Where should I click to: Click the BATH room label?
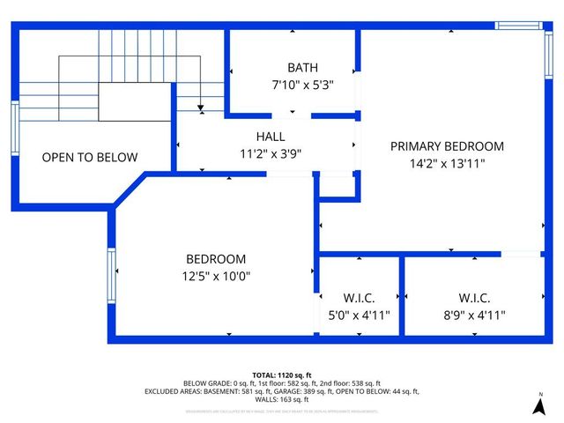click(x=302, y=68)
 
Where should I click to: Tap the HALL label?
click(x=271, y=137)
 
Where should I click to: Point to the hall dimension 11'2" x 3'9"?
click(x=271, y=152)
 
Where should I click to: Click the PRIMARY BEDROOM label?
click(x=447, y=146)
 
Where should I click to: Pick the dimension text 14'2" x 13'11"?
click(x=447, y=163)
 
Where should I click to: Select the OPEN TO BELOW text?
click(x=90, y=158)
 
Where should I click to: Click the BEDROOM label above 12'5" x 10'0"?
click(x=216, y=259)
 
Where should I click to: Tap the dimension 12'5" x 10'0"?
click(x=216, y=276)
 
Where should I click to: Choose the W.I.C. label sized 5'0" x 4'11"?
click(x=359, y=298)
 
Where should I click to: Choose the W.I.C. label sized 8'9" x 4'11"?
click(x=474, y=298)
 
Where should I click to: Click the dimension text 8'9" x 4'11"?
click(x=474, y=315)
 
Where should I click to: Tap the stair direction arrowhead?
click(x=202, y=107)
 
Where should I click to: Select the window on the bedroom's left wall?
click(x=111, y=275)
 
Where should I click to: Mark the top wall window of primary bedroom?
click(x=517, y=26)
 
